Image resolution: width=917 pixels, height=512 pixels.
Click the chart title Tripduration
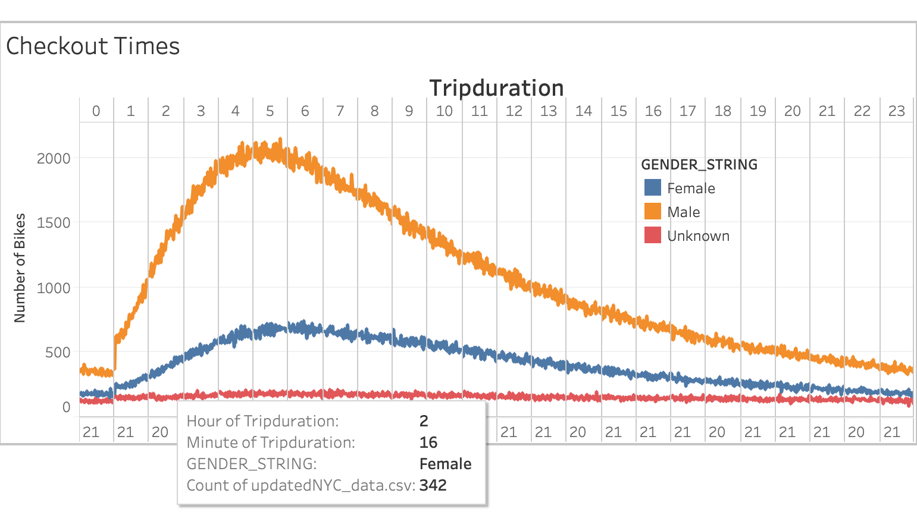[x=496, y=88]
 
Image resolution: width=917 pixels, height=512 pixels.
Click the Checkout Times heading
[x=93, y=46]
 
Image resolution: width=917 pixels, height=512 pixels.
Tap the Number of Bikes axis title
[x=20, y=268]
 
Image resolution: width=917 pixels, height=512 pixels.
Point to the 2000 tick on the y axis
[x=54, y=159]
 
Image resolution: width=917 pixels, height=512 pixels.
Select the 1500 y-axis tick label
[x=54, y=223]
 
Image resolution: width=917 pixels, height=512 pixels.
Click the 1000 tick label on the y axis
[x=54, y=288]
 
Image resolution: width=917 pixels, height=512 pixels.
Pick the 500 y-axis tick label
[x=58, y=353]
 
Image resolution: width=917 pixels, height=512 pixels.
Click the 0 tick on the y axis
[x=66, y=407]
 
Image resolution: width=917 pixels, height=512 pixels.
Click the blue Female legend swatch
[x=653, y=188]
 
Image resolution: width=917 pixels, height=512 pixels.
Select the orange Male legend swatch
[x=653, y=212]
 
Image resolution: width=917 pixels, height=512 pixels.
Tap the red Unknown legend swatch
[x=653, y=235]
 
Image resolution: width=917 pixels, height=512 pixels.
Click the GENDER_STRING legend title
[x=699, y=165]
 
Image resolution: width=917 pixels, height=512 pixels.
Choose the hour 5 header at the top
[x=270, y=111]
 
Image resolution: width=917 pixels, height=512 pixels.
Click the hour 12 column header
[x=514, y=111]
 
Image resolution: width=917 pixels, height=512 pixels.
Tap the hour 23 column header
[x=896, y=111]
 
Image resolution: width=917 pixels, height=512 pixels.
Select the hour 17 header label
[x=688, y=111]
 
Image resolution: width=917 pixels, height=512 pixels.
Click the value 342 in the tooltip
[x=433, y=485]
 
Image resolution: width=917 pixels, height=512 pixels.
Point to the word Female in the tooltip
[x=445, y=464]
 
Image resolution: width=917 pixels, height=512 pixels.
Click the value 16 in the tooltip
[x=428, y=442]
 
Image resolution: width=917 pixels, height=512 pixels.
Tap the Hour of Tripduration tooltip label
[x=262, y=421]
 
